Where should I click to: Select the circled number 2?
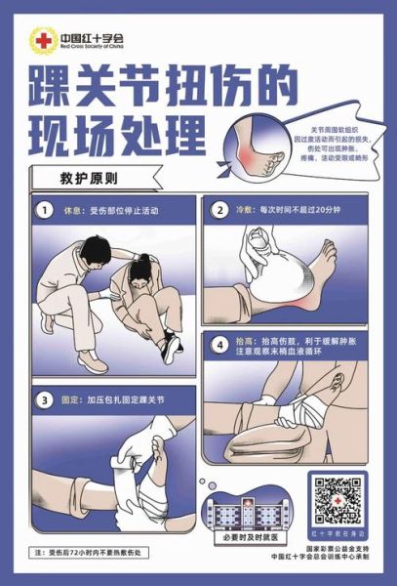[x=219, y=209]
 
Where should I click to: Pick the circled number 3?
[x=44, y=399]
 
